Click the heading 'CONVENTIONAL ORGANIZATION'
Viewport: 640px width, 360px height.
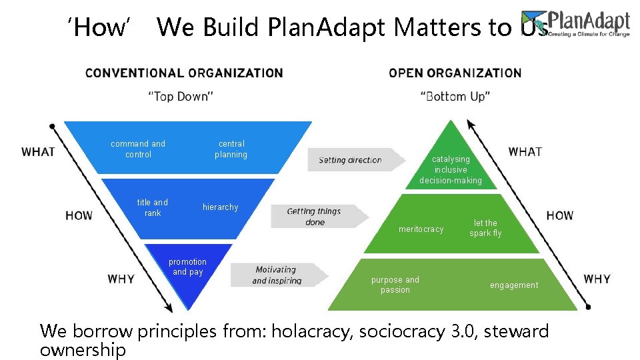pyautogui.click(x=184, y=73)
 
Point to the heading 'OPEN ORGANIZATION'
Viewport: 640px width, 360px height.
pyautogui.click(x=455, y=73)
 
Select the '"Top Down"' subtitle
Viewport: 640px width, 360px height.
pyautogui.click(x=180, y=97)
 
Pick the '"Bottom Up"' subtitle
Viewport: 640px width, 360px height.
pyautogui.click(x=456, y=97)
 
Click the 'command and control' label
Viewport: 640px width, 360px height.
pyautogui.click(x=138, y=149)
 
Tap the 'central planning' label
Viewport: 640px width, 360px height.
pyautogui.click(x=231, y=149)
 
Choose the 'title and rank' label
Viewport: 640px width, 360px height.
pyautogui.click(x=153, y=207)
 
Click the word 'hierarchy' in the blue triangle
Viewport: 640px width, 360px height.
pyautogui.click(x=220, y=207)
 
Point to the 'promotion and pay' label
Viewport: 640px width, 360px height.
pyautogui.click(x=187, y=267)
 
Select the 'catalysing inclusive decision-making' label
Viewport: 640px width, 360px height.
pyautogui.click(x=451, y=169)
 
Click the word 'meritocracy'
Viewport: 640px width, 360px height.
pyautogui.click(x=421, y=229)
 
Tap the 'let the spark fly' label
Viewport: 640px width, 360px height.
pyautogui.click(x=485, y=228)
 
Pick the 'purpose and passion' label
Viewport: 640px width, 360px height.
pyautogui.click(x=395, y=285)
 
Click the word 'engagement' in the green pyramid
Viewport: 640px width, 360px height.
pyautogui.click(x=514, y=285)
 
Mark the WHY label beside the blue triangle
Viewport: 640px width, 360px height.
pyautogui.click(x=121, y=279)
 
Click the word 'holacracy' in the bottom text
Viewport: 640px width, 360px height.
pyautogui.click(x=308, y=331)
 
